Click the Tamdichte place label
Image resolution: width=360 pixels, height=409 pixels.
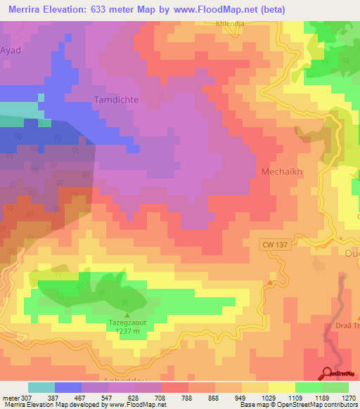tap(116, 100)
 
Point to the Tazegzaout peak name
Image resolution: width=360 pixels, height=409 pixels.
tap(127, 323)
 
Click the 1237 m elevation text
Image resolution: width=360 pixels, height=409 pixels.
tap(127, 332)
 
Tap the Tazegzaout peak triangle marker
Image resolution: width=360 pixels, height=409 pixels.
tap(127, 315)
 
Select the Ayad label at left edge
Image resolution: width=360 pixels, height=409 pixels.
tap(11, 51)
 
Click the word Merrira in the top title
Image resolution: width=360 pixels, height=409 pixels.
tap(28, 8)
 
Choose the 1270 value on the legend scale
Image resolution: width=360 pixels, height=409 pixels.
tap(349, 397)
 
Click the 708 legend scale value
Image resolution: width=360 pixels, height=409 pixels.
tap(161, 397)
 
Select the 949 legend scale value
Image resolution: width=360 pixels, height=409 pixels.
tap(242, 397)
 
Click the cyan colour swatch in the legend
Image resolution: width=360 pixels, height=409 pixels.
tap(41, 387)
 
